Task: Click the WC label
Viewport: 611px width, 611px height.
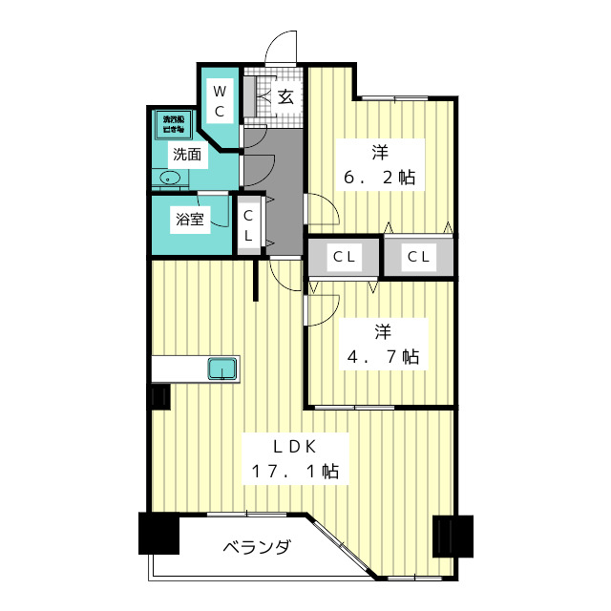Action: coord(219,101)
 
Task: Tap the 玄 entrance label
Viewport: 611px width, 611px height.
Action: coord(285,95)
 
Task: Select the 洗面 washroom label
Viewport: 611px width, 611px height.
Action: coord(187,154)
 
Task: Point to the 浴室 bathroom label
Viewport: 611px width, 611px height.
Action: coord(189,220)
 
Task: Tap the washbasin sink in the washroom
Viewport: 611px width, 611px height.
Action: coord(172,179)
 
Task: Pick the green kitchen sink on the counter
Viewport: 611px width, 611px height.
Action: coord(222,368)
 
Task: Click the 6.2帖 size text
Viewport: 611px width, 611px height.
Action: coord(380,178)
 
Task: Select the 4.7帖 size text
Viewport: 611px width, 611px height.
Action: coord(383,357)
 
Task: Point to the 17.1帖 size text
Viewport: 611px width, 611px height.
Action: coord(296,472)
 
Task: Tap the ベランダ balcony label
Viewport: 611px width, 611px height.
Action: coord(257,548)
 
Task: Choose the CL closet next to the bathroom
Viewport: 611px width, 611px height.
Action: coord(248,226)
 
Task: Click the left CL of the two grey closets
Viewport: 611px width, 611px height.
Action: coord(344,257)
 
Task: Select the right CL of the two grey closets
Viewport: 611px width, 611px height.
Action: coord(417,257)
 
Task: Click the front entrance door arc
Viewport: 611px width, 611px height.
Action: coord(283,48)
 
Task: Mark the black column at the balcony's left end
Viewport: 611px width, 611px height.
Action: coord(158,534)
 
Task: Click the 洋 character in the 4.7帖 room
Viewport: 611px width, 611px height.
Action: coord(383,332)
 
